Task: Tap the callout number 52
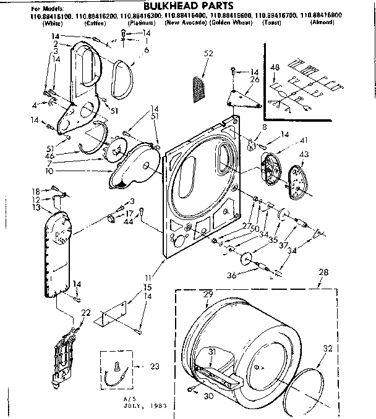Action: coord(208,54)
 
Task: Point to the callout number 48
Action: coord(275,67)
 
